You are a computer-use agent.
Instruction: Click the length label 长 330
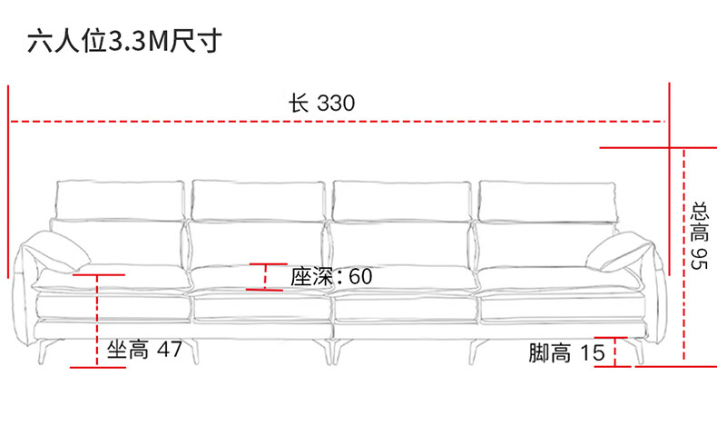click(x=322, y=102)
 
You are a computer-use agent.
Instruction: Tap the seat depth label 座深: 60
click(x=332, y=276)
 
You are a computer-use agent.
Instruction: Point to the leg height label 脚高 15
click(x=567, y=353)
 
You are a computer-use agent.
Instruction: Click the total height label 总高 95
click(x=698, y=234)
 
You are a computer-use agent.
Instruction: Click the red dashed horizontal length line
click(x=182, y=120)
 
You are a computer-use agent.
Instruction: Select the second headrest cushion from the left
click(x=258, y=199)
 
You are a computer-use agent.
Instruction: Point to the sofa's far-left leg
click(x=45, y=347)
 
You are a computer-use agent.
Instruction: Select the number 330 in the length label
click(x=336, y=102)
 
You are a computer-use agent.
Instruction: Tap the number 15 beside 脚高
click(x=593, y=353)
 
